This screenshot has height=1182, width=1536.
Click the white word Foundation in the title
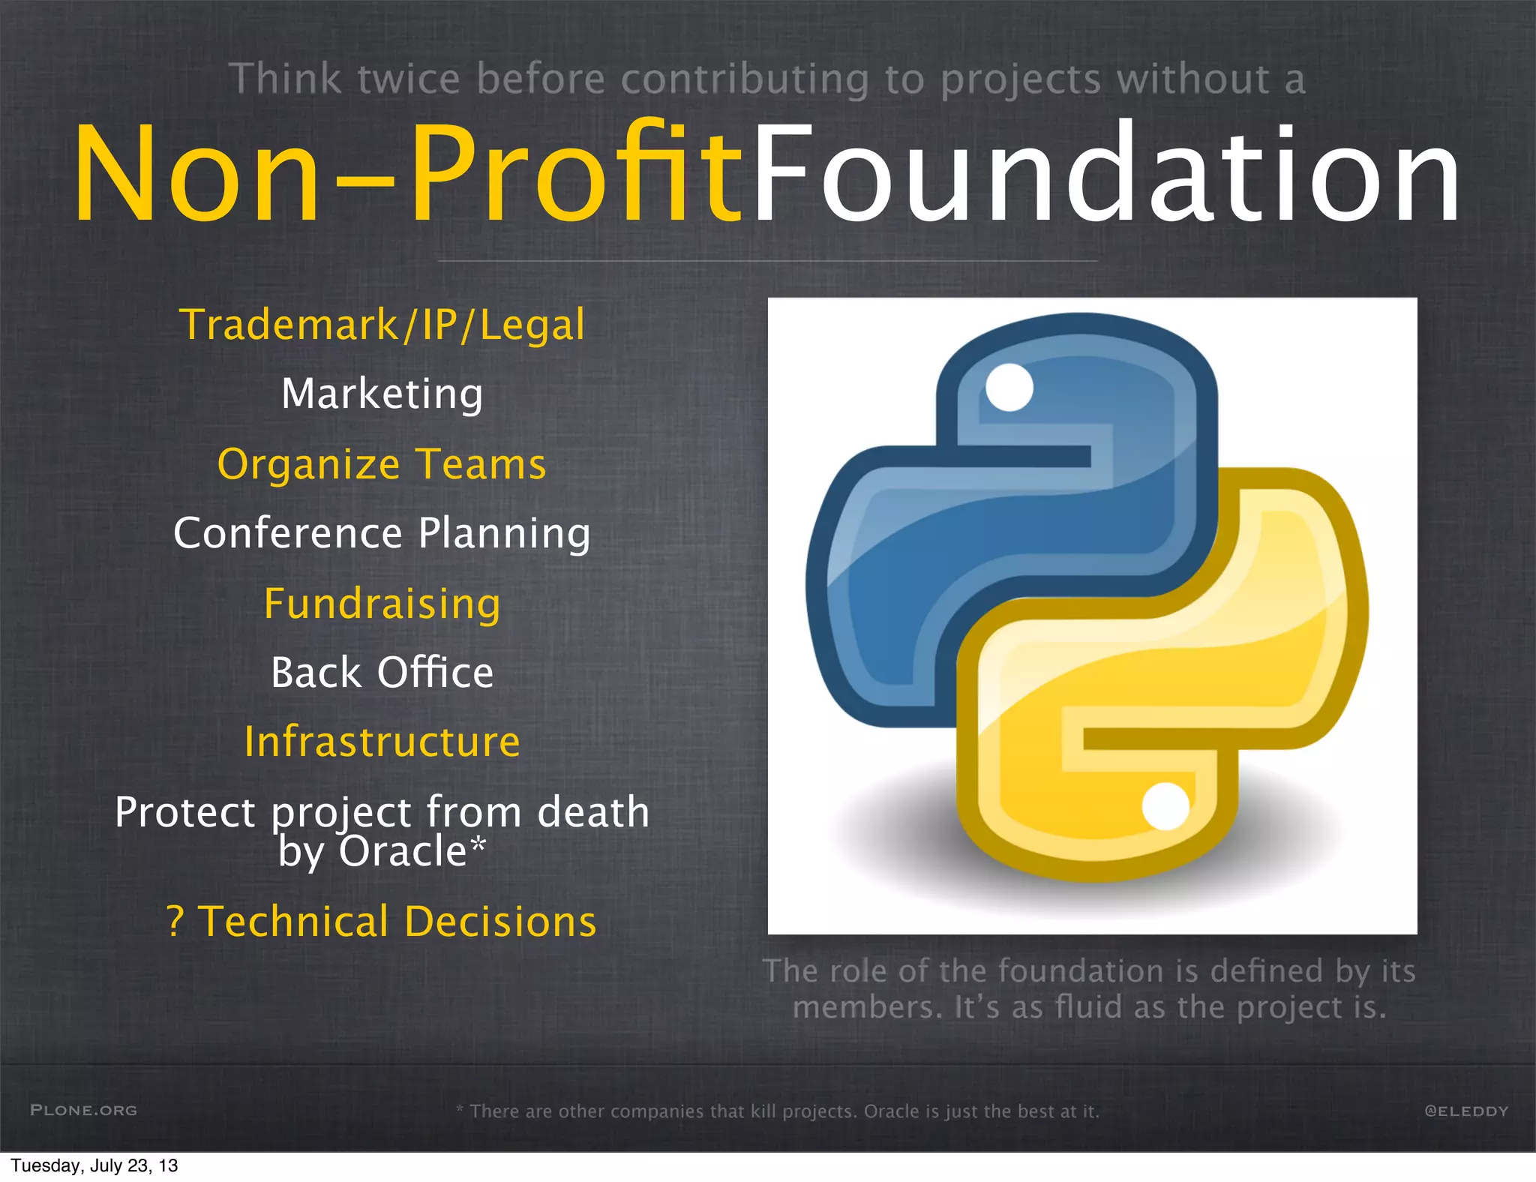(x=1106, y=174)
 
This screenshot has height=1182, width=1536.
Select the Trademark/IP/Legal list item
(x=382, y=325)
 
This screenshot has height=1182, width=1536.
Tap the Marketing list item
(x=382, y=394)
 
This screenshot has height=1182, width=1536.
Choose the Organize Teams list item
(x=382, y=464)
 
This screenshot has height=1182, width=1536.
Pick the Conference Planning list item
(x=382, y=533)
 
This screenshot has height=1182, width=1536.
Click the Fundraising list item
(x=382, y=604)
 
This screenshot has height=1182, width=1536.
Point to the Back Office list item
(x=382, y=673)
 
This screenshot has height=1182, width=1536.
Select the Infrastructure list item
(x=382, y=742)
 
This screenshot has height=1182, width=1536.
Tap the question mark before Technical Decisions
(x=175, y=922)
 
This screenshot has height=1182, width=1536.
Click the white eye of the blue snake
(x=1009, y=387)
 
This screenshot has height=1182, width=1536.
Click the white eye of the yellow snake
(x=1165, y=806)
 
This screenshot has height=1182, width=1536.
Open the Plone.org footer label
(x=83, y=1110)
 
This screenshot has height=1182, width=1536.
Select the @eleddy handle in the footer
(x=1466, y=1111)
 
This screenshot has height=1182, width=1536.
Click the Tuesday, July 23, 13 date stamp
(x=94, y=1165)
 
